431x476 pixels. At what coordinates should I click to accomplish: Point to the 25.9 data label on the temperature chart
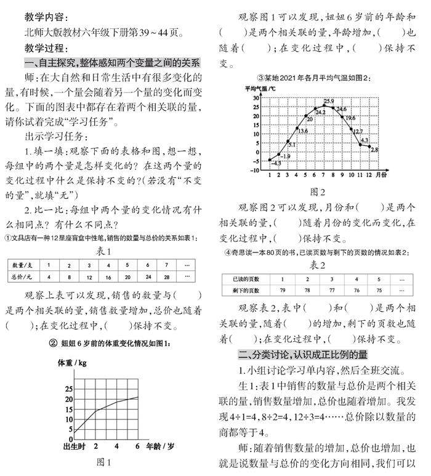coord(328,101)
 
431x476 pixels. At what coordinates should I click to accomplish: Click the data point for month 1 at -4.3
coord(269,159)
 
